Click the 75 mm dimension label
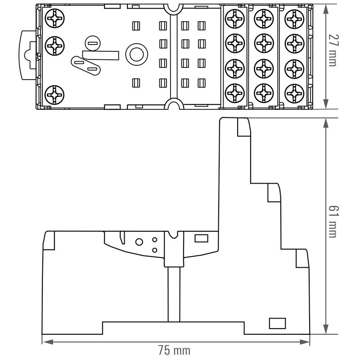tap(174, 350)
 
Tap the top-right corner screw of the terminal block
tap(293, 19)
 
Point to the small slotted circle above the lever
tap(92, 44)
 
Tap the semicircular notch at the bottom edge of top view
tap(172, 105)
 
